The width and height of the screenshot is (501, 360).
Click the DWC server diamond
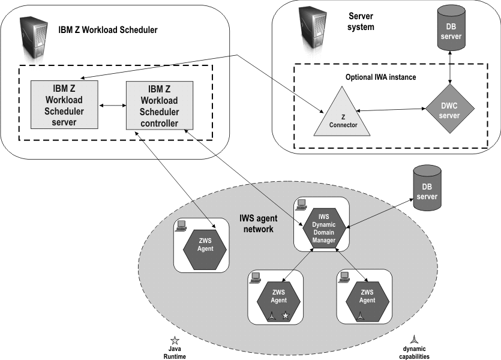pos(449,108)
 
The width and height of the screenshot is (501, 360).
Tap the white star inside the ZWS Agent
pos(286,315)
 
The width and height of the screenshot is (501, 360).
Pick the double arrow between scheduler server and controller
pos(111,106)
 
